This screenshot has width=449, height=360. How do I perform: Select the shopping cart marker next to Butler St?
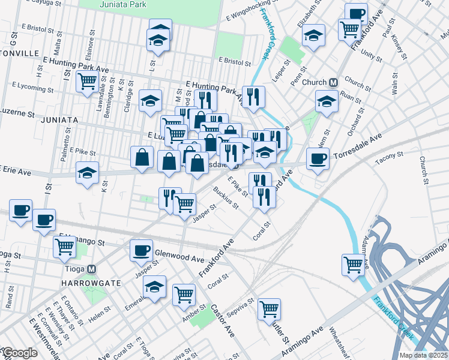point(270,309)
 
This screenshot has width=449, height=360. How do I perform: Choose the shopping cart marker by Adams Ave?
point(353,263)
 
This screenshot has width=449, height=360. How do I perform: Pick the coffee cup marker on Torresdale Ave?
point(317,158)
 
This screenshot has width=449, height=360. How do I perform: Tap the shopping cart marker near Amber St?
point(184,294)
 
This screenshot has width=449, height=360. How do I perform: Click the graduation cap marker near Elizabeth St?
point(313,35)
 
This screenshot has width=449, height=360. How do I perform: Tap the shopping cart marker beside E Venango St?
point(64,245)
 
